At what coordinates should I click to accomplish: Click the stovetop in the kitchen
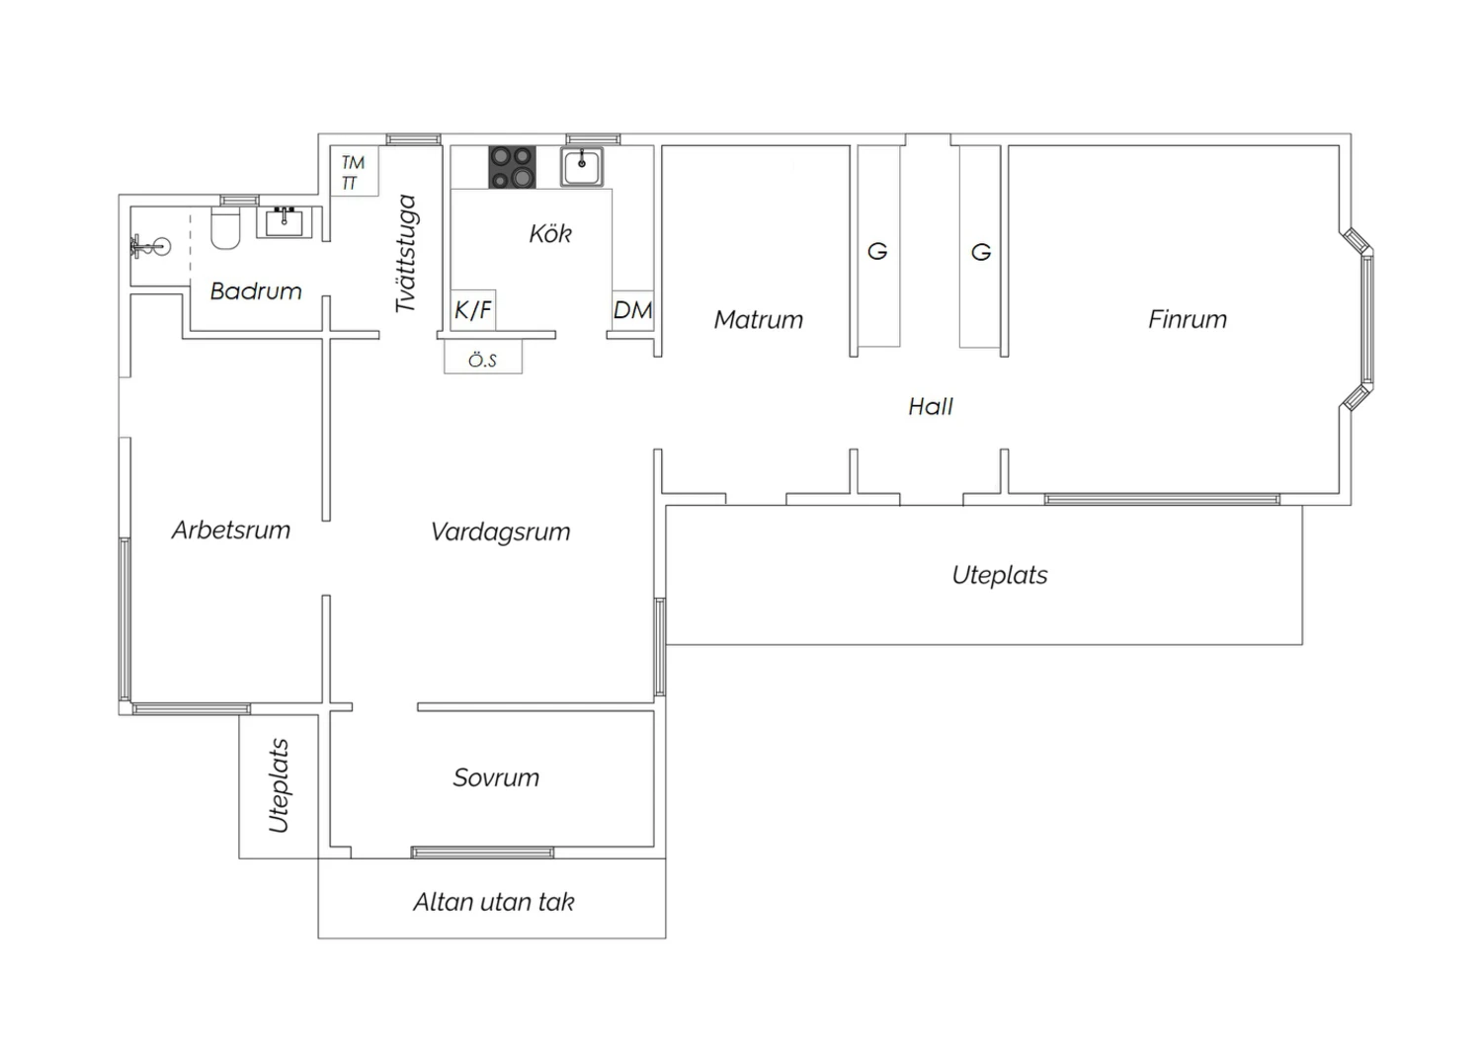tap(512, 167)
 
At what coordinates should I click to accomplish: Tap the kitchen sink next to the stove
tap(582, 167)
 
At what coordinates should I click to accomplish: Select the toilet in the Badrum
tap(225, 228)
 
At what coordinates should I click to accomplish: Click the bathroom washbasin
tap(284, 223)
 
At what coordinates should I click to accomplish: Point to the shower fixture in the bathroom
tap(151, 247)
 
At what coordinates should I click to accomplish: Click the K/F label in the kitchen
tap(473, 309)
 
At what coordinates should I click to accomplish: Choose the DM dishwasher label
tap(632, 310)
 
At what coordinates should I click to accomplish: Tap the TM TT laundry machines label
tap(353, 173)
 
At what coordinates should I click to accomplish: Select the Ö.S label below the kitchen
tap(482, 361)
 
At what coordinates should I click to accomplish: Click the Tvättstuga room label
tap(405, 253)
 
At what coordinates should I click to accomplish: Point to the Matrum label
tap(758, 320)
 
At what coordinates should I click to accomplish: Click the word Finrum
tap(1188, 319)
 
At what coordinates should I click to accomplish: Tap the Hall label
tap(931, 406)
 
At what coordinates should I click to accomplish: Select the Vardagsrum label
tap(500, 532)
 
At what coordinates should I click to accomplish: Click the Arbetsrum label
tap(231, 529)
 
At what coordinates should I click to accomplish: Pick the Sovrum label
tap(496, 777)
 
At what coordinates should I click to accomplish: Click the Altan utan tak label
tap(494, 902)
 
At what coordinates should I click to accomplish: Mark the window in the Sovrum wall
tap(482, 853)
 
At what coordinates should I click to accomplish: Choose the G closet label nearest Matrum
tap(877, 251)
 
